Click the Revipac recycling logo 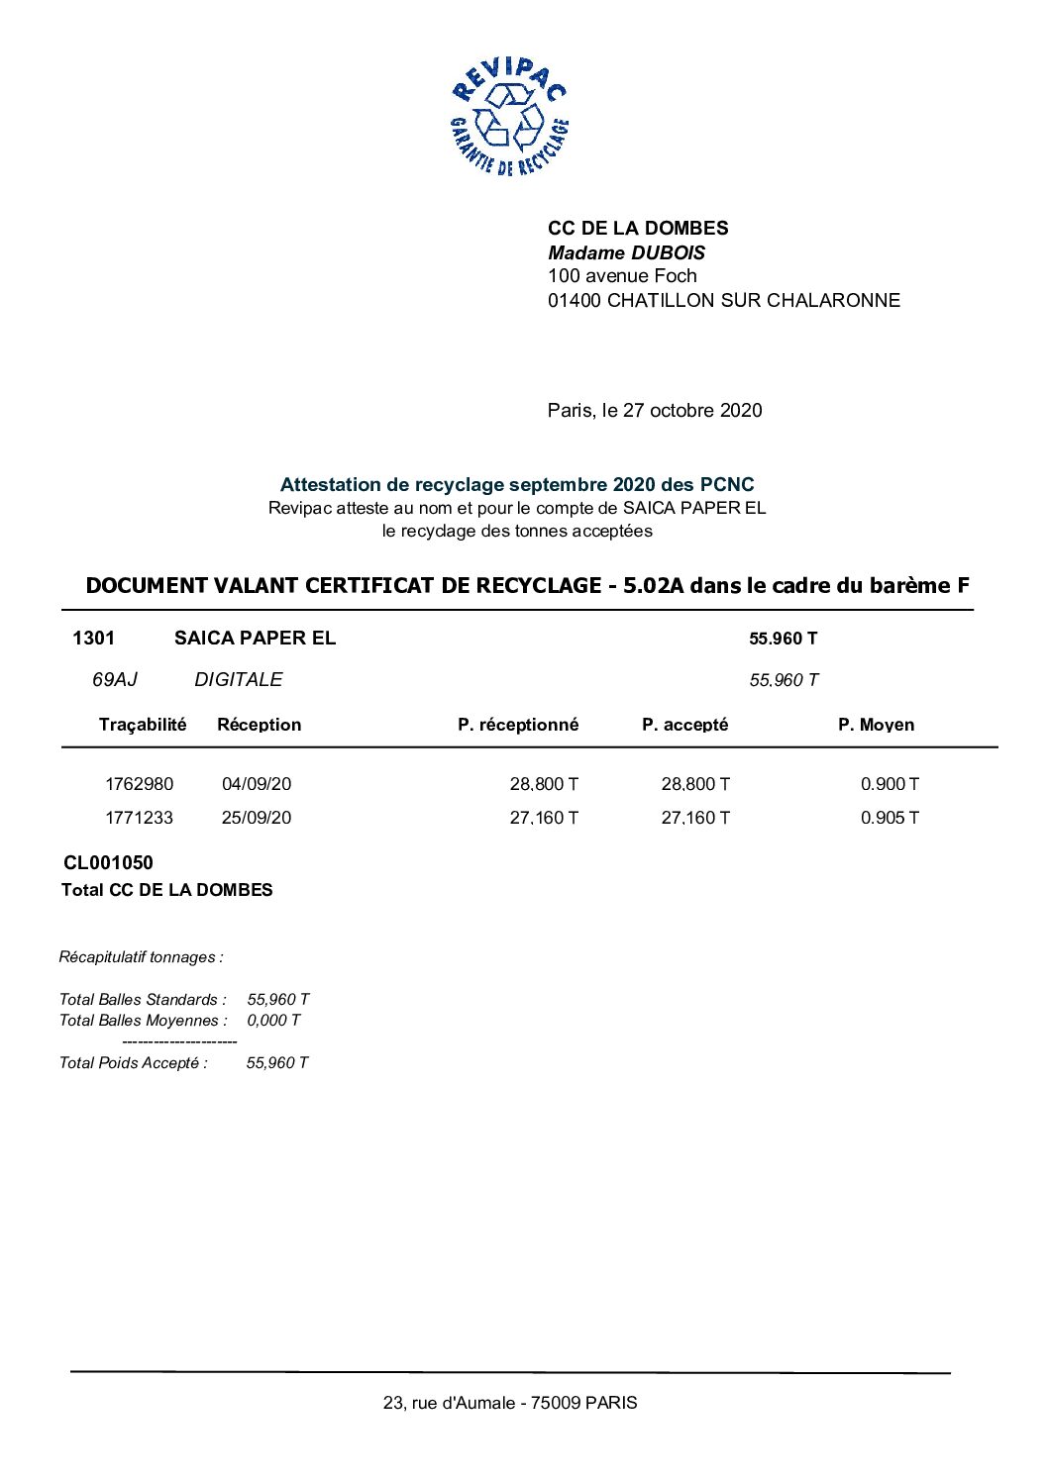pyautogui.click(x=509, y=117)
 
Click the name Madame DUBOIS pyautogui.click(x=626, y=252)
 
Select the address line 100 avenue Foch pyautogui.click(x=622, y=276)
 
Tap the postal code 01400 pyautogui.click(x=575, y=301)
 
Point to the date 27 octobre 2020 pyautogui.click(x=692, y=411)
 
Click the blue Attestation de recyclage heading pyautogui.click(x=516, y=485)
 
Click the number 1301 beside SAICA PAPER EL pyautogui.click(x=93, y=639)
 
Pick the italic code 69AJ pyautogui.click(x=114, y=680)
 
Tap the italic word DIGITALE pyautogui.click(x=238, y=680)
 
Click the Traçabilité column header pyautogui.click(x=143, y=725)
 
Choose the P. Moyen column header pyautogui.click(x=876, y=725)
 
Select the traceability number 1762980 pyautogui.click(x=139, y=784)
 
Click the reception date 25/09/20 pyautogui.click(x=257, y=818)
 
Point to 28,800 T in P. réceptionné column pyautogui.click(x=544, y=784)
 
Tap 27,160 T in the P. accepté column pyautogui.click(x=695, y=818)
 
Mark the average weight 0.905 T pyautogui.click(x=890, y=818)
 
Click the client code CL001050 pyautogui.click(x=108, y=863)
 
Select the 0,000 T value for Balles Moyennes pyautogui.click(x=273, y=1021)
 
